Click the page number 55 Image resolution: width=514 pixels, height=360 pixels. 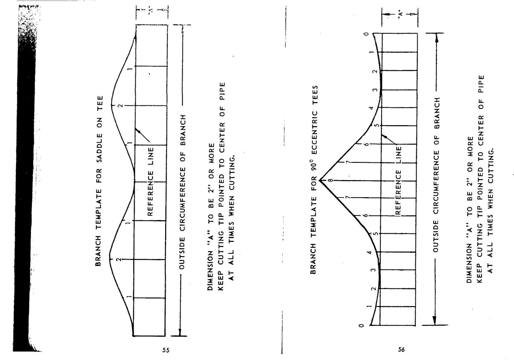pyautogui.click(x=166, y=350)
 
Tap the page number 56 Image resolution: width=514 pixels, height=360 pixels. pyautogui.click(x=401, y=349)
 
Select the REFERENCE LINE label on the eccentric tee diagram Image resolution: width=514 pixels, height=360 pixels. pyautogui.click(x=399, y=180)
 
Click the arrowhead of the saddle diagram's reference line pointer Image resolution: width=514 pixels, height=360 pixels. pyautogui.click(x=137, y=130)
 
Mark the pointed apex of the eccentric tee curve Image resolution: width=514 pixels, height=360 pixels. pyautogui.click(x=320, y=180)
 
